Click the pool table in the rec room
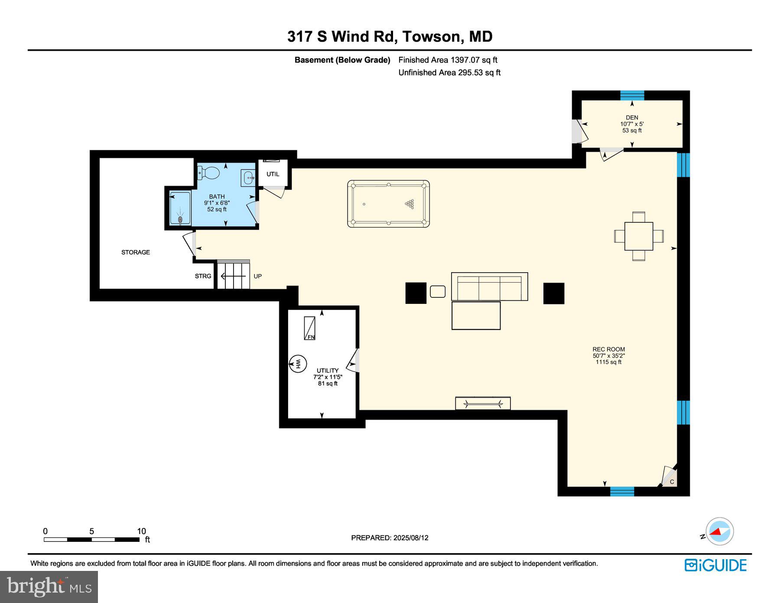[x=388, y=204]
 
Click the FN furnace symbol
[x=309, y=328]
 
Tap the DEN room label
[x=632, y=117]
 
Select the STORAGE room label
[x=136, y=252]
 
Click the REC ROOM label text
[x=609, y=349]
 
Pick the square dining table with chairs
[x=639, y=236]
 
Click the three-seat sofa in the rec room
[x=490, y=287]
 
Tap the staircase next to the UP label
[x=234, y=275]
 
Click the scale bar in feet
[x=91, y=540]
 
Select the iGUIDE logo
[x=715, y=565]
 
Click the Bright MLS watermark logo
[x=49, y=587]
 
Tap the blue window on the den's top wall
[x=632, y=95]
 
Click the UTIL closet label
[x=273, y=174]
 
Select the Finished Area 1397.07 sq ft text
[x=448, y=60]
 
